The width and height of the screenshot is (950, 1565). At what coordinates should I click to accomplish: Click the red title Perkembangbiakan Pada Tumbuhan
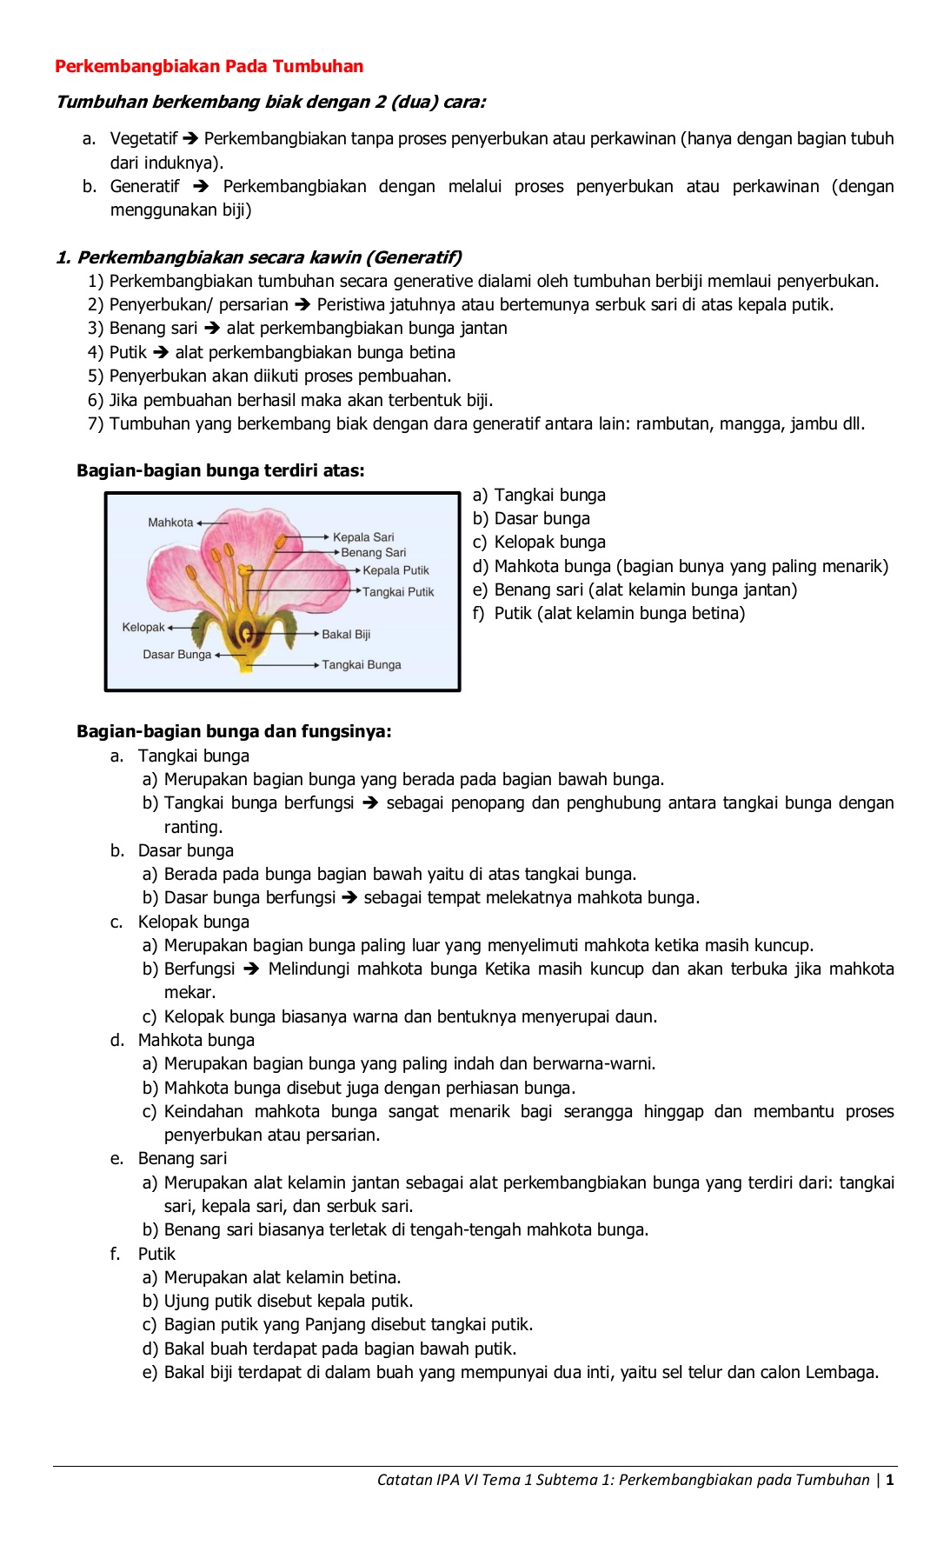(x=209, y=66)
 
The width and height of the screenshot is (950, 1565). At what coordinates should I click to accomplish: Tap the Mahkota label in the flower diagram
(x=170, y=523)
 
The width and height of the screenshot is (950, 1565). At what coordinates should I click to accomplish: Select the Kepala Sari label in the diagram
(x=363, y=537)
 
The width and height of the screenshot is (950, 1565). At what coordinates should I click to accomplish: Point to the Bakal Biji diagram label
(x=346, y=635)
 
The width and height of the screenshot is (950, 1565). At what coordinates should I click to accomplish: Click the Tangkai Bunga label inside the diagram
(x=362, y=665)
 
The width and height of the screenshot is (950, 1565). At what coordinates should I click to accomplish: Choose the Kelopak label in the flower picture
(x=143, y=628)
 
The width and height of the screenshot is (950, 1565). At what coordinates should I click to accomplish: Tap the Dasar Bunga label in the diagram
(x=176, y=655)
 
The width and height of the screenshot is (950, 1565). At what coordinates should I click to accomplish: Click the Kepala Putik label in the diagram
(x=395, y=571)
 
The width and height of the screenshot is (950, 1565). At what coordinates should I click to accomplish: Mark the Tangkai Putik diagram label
(x=398, y=592)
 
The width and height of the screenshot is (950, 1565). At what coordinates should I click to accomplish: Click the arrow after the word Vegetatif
(x=191, y=138)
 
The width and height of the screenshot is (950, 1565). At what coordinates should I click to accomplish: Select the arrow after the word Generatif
(x=201, y=186)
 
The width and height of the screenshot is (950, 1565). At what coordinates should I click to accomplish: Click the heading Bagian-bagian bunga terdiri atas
(x=221, y=471)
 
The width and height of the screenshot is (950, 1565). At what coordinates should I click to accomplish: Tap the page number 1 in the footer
(x=890, y=1480)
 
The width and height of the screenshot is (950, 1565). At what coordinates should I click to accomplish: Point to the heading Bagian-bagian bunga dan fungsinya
(x=234, y=732)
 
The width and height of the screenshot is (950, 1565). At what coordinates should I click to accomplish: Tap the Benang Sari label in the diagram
(x=373, y=553)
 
